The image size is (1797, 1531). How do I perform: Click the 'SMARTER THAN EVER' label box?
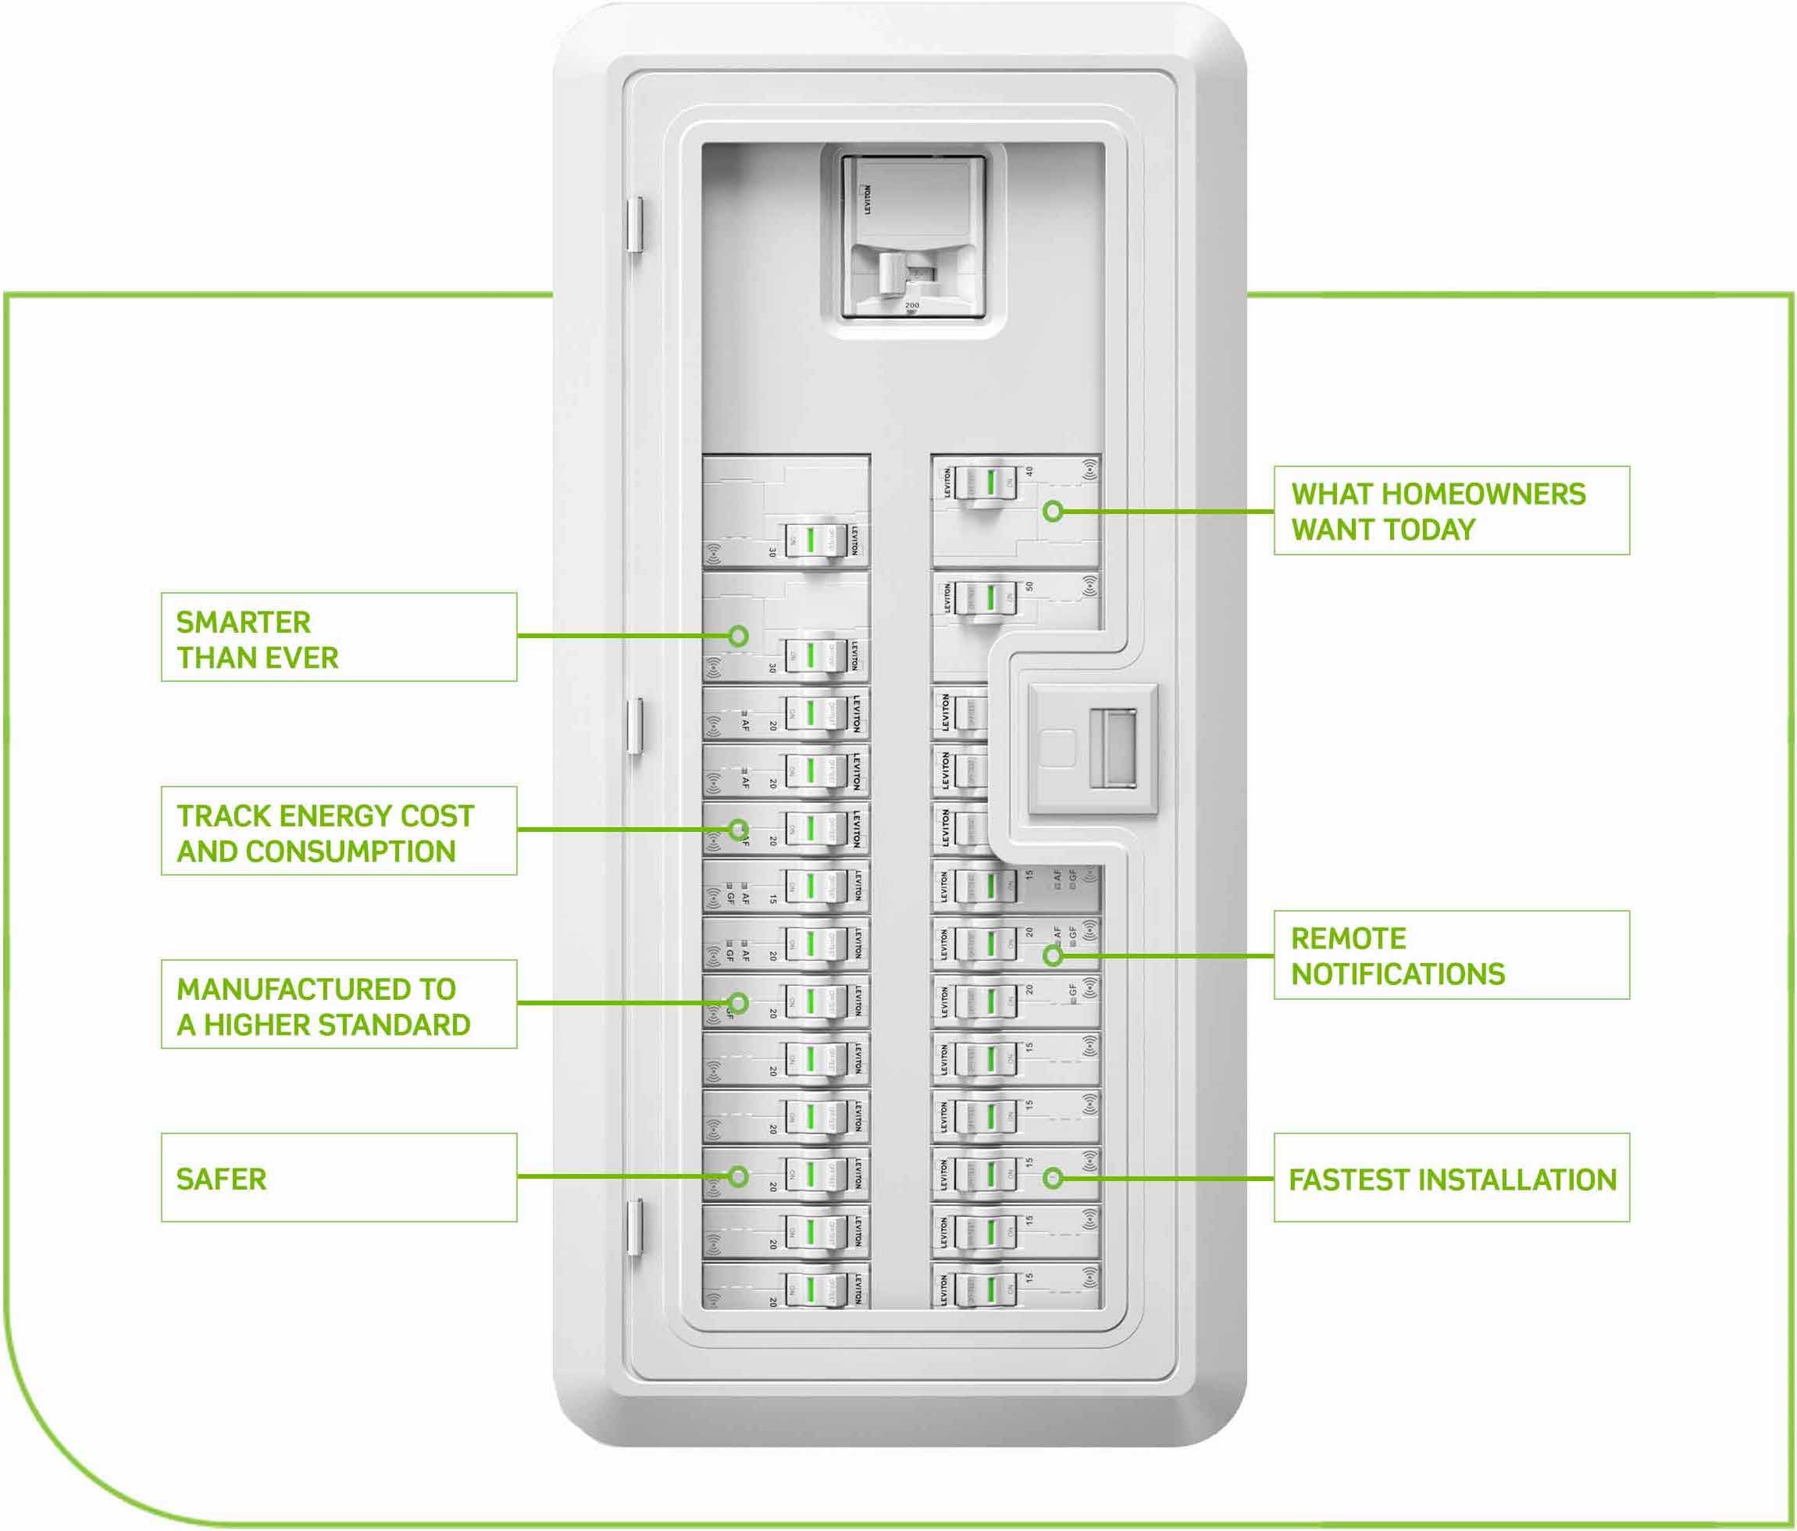pos(338,637)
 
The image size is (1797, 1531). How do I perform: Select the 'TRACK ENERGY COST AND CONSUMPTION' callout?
pos(338,830)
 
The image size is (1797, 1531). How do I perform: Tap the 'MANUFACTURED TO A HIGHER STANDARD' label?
pos(338,1004)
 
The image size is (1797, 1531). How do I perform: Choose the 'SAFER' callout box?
pos(338,1177)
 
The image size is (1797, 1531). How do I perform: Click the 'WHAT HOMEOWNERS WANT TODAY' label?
pos(1451,510)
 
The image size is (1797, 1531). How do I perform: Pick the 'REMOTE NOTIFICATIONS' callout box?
pos(1451,955)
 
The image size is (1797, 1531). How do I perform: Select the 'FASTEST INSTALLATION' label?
pos(1451,1178)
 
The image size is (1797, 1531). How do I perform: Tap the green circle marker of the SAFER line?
pos(738,1176)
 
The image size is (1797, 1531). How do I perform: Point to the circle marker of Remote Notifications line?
pos(1053,956)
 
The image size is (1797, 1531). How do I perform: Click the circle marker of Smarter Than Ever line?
pos(738,636)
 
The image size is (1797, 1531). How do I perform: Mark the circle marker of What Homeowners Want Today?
pos(1053,511)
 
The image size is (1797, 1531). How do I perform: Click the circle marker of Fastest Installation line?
pos(1053,1178)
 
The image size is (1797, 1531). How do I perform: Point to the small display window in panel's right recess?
pos(1113,748)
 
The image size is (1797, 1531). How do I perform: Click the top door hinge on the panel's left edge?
pos(635,225)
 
